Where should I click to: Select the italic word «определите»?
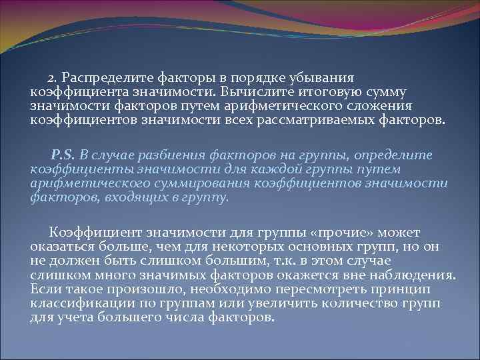400,155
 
